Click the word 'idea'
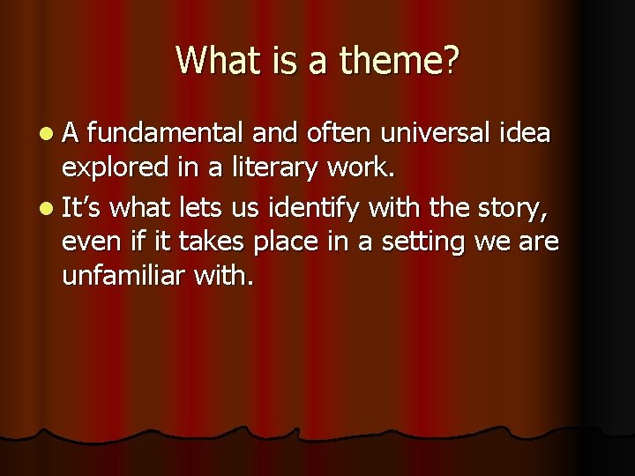524,133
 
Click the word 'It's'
84,209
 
